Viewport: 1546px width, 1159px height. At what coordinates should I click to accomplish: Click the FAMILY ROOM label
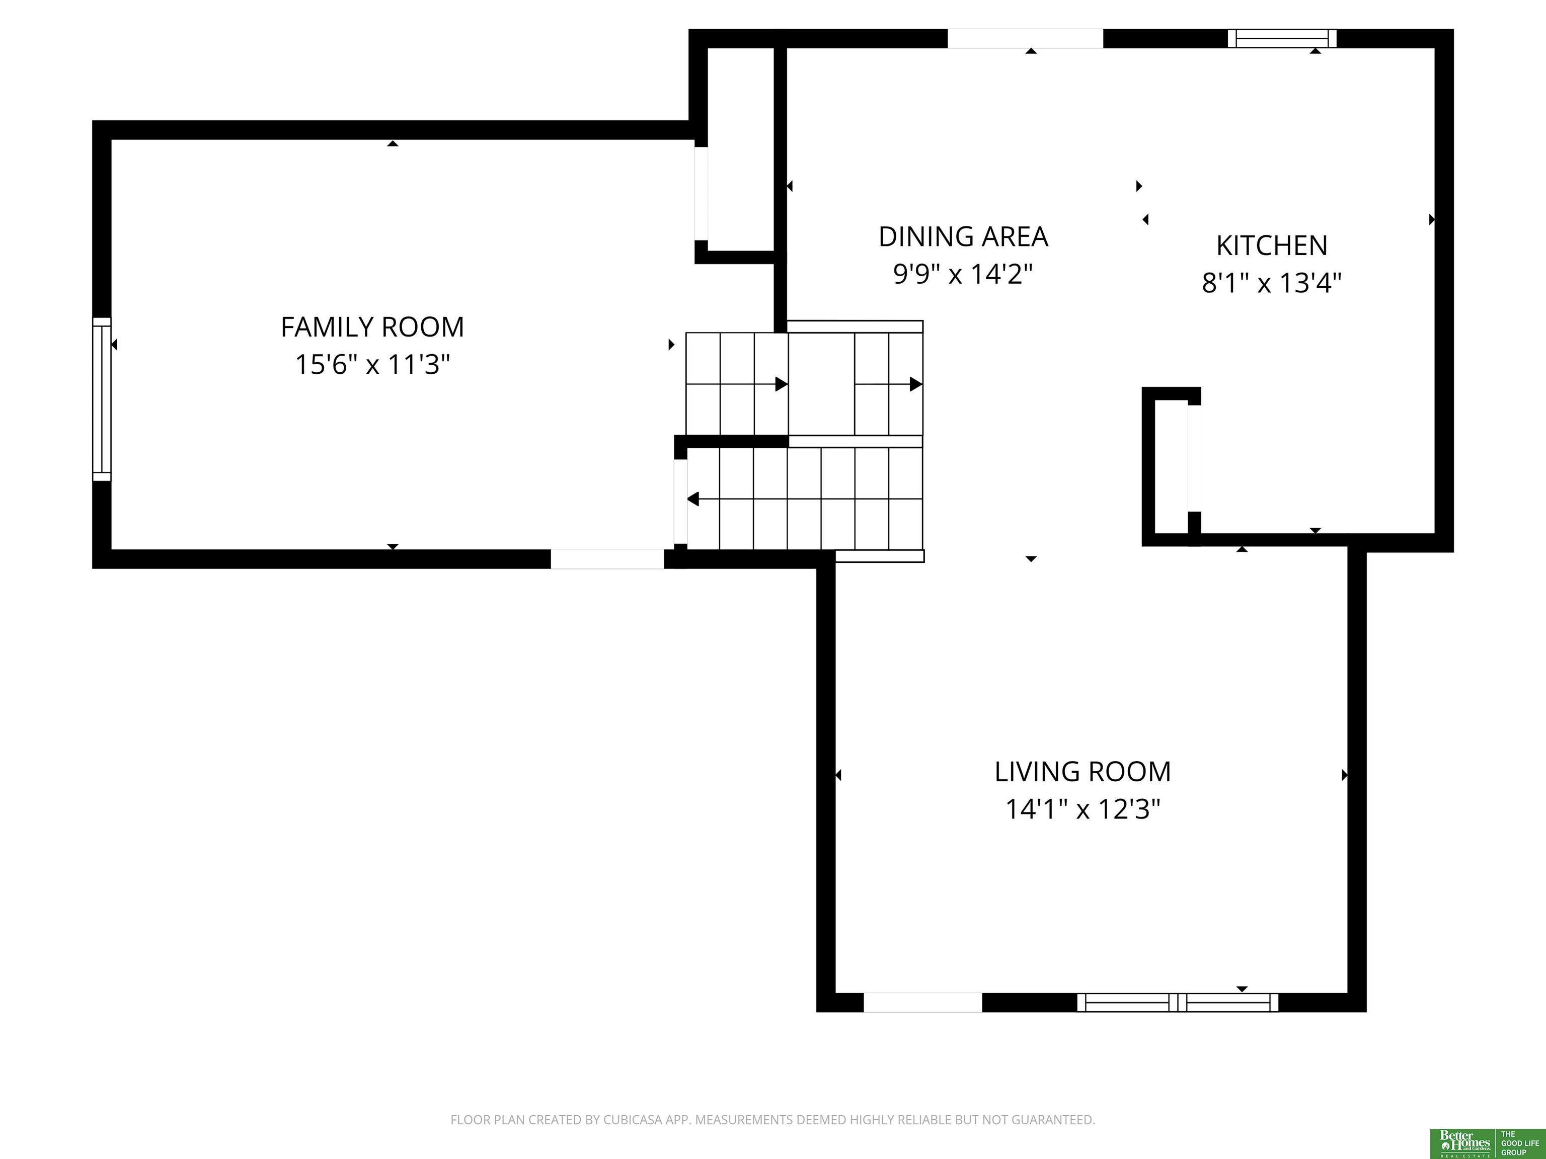372,327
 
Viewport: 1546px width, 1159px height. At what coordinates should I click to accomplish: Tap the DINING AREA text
963,237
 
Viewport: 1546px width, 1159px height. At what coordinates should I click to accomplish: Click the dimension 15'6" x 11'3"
372,365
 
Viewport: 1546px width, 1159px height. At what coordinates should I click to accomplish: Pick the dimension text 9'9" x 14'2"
963,274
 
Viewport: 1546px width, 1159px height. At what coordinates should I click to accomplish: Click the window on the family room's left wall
102,399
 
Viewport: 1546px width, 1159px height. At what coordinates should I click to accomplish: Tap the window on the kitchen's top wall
1282,38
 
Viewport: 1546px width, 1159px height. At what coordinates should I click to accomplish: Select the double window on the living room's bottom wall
1178,1003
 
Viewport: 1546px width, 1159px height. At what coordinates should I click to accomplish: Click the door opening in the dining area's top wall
1025,38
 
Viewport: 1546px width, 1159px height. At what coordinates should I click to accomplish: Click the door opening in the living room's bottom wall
922,1003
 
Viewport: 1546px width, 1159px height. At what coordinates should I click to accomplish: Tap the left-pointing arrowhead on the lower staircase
692,499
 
